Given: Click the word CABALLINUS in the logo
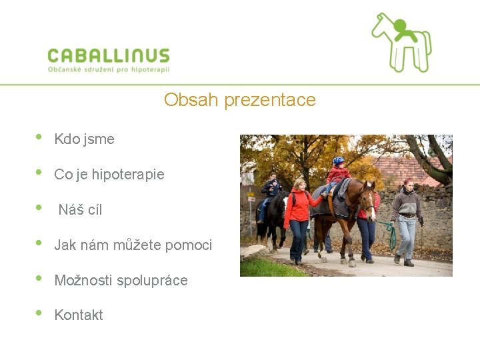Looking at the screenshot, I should pyautogui.click(x=109, y=55).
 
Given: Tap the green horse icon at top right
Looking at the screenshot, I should pyautogui.click(x=401, y=42).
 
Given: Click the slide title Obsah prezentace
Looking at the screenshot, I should pyautogui.click(x=239, y=100).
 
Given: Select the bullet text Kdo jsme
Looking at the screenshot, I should pyautogui.click(x=84, y=139).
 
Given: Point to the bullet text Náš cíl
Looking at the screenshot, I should pyautogui.click(x=80, y=210).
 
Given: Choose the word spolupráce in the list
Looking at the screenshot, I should pyautogui.click(x=152, y=281).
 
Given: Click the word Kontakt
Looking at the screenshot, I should pyautogui.click(x=79, y=315).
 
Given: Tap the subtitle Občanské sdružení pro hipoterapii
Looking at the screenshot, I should pyautogui.click(x=109, y=69).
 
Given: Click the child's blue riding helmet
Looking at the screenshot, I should pyautogui.click(x=339, y=161).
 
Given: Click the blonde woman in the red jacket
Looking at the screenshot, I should pyautogui.click(x=298, y=213).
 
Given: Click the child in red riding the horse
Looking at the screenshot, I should pyautogui.click(x=337, y=175).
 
